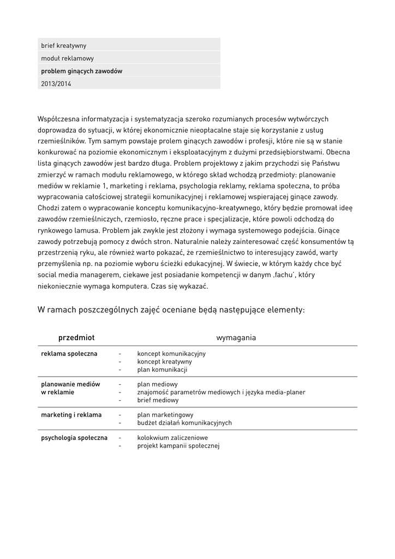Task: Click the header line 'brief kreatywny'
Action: [64, 46]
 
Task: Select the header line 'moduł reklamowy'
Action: [67, 58]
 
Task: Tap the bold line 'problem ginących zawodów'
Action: [82, 71]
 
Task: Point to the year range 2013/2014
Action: [56, 84]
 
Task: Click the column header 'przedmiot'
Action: [76, 338]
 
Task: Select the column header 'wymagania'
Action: [236, 338]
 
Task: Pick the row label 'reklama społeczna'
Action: [69, 354]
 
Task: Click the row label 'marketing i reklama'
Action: [71, 415]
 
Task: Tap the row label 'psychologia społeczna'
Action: [74, 438]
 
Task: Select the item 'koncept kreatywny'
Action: [164, 362]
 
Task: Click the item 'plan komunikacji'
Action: [162, 370]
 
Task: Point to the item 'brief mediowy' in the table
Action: [158, 400]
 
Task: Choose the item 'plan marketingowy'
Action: [165, 415]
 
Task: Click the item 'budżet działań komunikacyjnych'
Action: [184, 423]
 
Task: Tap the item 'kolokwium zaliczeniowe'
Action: [173, 438]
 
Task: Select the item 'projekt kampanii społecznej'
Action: [178, 446]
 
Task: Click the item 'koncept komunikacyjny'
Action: [171, 354]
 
